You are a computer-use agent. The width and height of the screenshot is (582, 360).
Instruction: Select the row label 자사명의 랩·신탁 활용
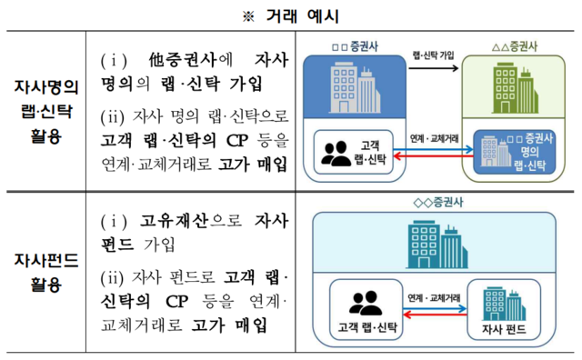46,110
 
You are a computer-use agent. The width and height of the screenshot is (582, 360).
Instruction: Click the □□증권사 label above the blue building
344,45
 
